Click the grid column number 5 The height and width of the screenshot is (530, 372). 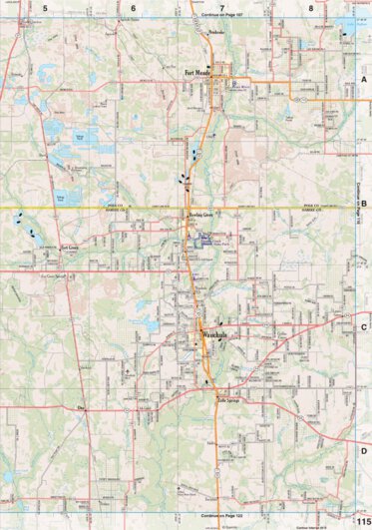tap(45, 7)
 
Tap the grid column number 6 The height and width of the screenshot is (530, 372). tap(133, 7)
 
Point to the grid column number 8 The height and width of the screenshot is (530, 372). tap(311, 7)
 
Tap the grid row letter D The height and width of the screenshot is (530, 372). tap(364, 450)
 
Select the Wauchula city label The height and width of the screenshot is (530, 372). tap(216, 335)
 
